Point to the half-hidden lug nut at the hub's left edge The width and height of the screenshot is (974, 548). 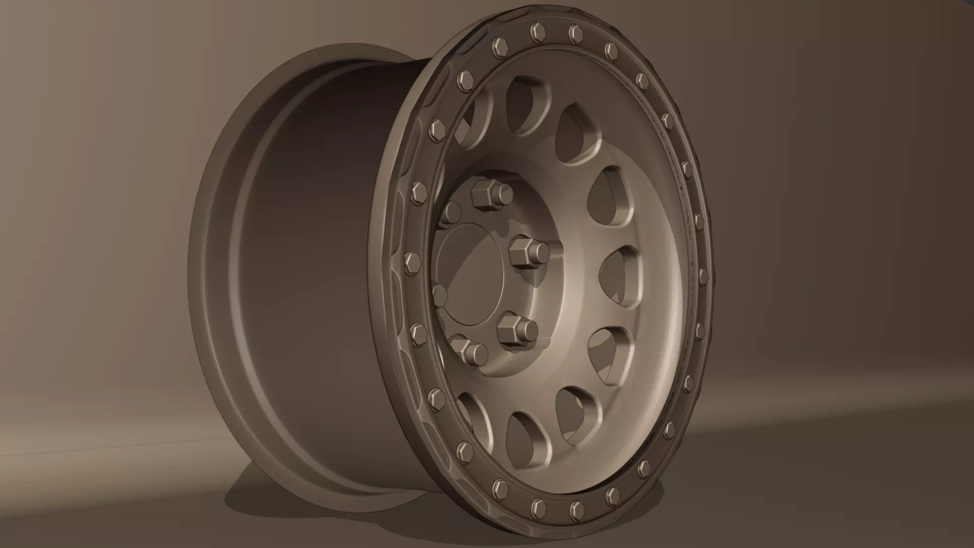pyautogui.click(x=439, y=294)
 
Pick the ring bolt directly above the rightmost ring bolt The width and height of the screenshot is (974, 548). pyautogui.click(x=699, y=221)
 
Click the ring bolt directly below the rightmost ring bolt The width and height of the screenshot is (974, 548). pyautogui.click(x=700, y=330)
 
